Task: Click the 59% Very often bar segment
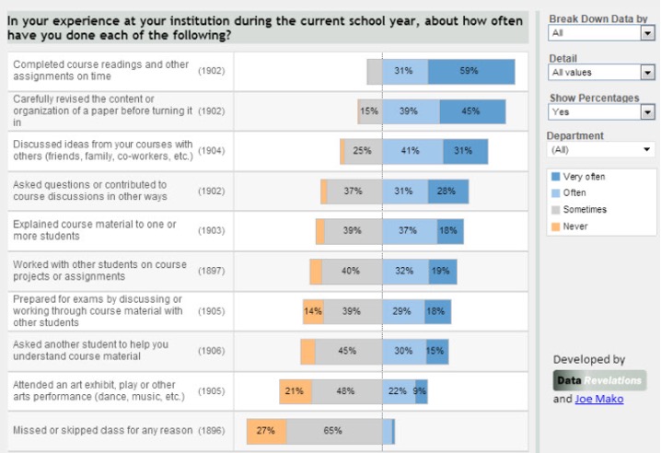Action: [470, 72]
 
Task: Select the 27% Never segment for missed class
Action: [266, 431]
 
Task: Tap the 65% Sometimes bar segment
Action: [333, 431]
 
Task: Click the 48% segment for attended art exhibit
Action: [345, 391]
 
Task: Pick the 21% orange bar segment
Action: [295, 391]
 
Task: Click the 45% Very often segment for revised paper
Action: [471, 111]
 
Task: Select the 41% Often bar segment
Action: [412, 151]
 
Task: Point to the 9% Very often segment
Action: [421, 391]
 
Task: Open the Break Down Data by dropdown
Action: [600, 33]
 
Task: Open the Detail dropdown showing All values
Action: [600, 72]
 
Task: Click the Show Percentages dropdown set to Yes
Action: [600, 111]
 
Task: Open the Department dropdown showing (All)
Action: [600, 149]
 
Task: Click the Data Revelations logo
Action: [599, 380]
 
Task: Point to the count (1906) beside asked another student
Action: [211, 351]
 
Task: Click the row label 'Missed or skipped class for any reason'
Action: [102, 431]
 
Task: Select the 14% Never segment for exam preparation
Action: [313, 311]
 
